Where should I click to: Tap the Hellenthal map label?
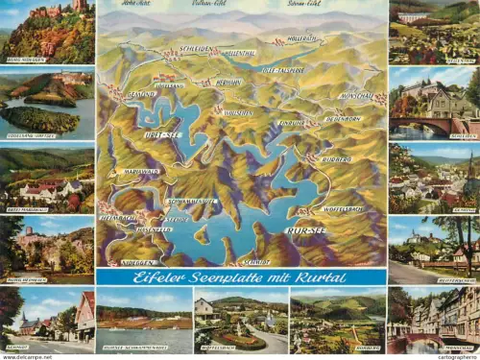pos(239,54)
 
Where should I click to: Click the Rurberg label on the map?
pos(337,158)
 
